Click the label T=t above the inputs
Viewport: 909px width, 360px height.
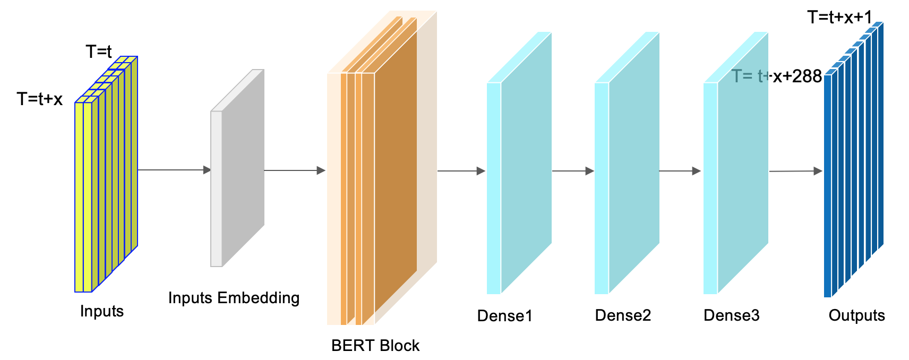tap(99, 52)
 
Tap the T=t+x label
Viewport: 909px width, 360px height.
tap(40, 99)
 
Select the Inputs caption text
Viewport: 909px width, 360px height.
tap(101, 311)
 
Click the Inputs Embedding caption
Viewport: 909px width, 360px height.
tap(234, 298)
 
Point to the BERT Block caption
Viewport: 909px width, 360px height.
tap(375, 346)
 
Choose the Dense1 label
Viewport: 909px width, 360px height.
tap(504, 316)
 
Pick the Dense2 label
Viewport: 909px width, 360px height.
tap(623, 315)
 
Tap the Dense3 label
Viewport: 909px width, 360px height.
tap(731, 315)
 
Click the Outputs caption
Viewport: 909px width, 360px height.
tap(856, 315)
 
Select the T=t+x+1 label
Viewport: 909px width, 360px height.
tap(839, 18)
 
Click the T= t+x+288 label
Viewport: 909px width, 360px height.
tap(777, 76)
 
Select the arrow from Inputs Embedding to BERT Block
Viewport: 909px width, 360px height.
tap(294, 170)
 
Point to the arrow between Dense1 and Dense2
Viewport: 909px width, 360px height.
tap(572, 171)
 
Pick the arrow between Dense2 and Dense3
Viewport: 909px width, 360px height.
tap(680, 171)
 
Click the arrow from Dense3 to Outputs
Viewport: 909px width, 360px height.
tap(795, 171)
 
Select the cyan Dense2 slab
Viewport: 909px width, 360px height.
tap(633, 165)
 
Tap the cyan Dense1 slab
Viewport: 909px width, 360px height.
tap(525, 165)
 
